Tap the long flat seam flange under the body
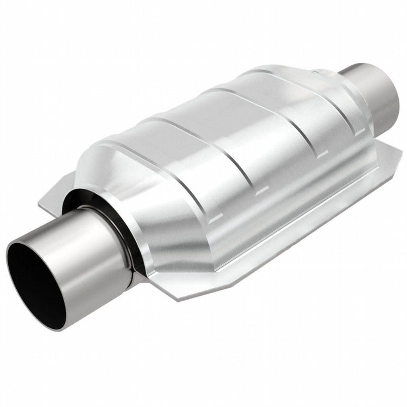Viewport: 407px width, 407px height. pos(278,235)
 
